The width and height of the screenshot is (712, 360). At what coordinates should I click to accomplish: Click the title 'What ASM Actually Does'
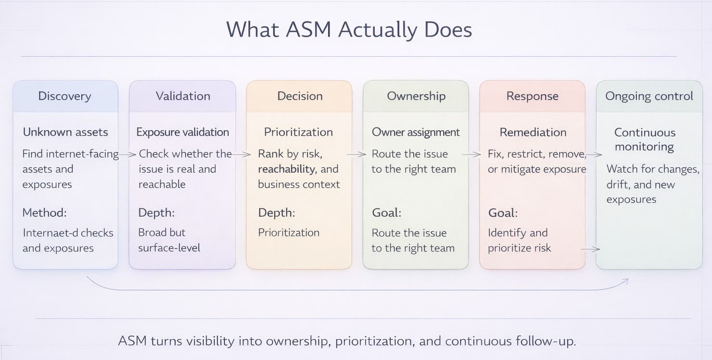(x=349, y=30)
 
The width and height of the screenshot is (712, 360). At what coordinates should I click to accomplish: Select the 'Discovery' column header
(x=64, y=96)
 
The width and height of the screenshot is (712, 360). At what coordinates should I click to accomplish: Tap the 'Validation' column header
(x=183, y=96)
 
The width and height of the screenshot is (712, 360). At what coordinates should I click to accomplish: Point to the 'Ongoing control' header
(x=649, y=96)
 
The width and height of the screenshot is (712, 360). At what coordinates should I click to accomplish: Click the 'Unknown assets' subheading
(x=65, y=132)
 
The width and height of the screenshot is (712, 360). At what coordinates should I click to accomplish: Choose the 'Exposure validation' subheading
(x=183, y=132)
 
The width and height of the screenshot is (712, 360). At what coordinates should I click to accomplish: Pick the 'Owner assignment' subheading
(x=416, y=132)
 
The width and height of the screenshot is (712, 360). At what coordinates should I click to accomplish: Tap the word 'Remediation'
(x=533, y=132)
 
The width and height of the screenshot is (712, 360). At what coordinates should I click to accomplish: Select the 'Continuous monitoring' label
(x=645, y=140)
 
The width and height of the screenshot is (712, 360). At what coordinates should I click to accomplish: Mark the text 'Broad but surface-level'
(x=169, y=240)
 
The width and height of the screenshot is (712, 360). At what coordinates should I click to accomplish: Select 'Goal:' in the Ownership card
(x=386, y=213)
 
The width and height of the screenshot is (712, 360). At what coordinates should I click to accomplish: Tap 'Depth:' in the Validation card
(x=156, y=213)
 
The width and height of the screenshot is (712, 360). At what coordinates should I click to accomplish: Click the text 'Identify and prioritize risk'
(x=520, y=240)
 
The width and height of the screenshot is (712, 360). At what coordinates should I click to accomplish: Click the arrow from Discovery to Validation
(x=128, y=154)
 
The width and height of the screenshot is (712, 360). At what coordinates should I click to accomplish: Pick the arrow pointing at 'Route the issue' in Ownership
(x=356, y=154)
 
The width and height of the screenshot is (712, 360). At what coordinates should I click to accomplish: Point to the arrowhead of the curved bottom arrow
(x=626, y=281)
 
